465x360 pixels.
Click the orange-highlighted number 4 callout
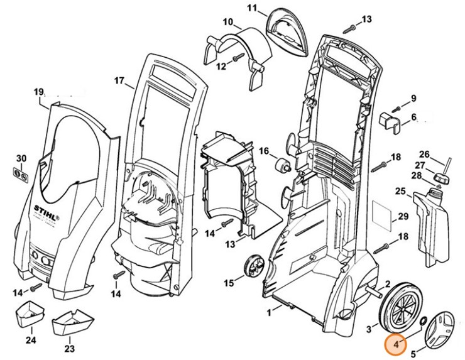(397, 344)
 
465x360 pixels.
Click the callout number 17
(119, 80)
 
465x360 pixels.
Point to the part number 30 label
(21, 158)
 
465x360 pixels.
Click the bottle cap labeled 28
(442, 180)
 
